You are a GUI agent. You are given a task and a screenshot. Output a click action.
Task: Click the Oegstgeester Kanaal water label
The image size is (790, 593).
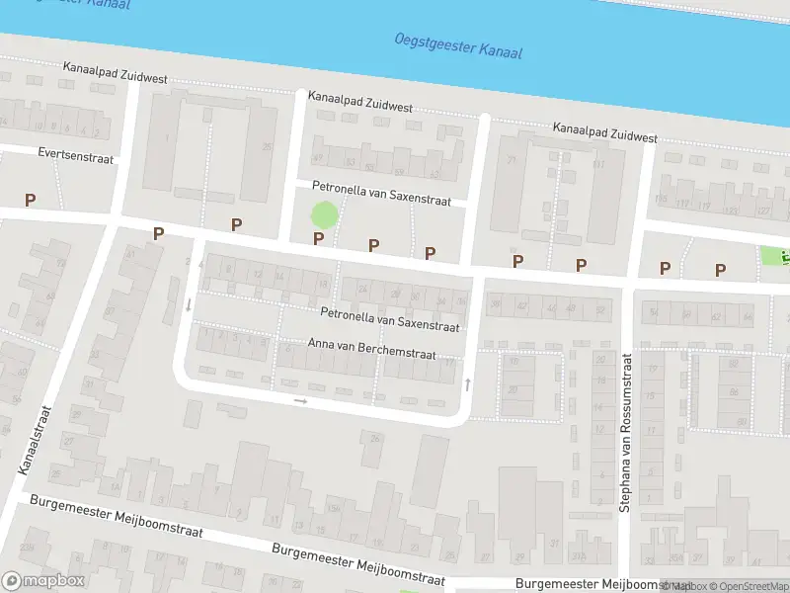click(x=457, y=45)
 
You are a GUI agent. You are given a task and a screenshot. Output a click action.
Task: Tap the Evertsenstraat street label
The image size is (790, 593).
click(x=76, y=157)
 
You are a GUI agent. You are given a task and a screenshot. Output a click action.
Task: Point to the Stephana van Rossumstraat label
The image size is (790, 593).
click(x=625, y=433)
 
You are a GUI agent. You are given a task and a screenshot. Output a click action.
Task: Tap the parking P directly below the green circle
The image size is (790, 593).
click(x=318, y=238)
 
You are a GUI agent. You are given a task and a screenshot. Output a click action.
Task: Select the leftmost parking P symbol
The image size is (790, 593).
click(x=30, y=200)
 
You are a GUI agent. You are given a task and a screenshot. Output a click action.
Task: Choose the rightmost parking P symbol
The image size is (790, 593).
click(x=720, y=269)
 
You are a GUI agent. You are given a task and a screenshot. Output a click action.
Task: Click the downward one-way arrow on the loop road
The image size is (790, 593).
click(x=189, y=304)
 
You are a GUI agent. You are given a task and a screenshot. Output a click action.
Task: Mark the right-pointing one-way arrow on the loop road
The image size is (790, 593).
click(x=301, y=401)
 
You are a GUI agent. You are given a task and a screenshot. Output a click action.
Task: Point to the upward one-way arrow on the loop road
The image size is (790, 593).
click(x=468, y=382)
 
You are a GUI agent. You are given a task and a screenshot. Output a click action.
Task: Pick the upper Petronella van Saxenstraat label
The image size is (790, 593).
click(x=381, y=193)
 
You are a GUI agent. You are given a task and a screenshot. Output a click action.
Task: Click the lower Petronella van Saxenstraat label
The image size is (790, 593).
click(x=390, y=318)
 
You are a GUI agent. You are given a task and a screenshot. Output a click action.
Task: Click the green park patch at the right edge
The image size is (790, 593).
click(x=775, y=255)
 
